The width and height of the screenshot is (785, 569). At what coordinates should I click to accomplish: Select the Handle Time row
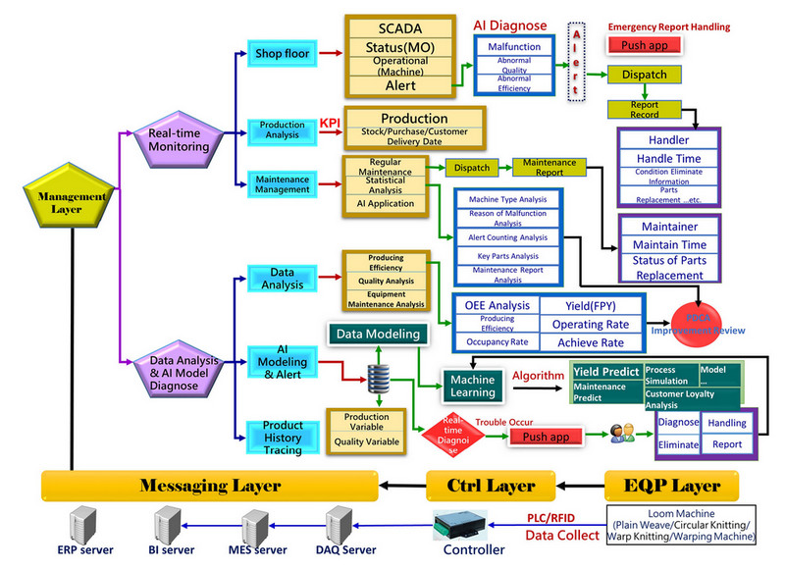click(668, 159)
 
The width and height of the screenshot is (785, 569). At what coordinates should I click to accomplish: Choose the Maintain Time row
click(668, 243)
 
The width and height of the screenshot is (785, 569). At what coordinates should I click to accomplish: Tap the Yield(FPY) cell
click(593, 304)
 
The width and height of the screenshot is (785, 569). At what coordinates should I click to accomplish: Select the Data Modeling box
click(378, 334)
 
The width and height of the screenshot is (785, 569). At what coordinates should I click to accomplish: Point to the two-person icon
click(621, 434)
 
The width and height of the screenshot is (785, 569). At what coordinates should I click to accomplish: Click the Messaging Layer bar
click(210, 485)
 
